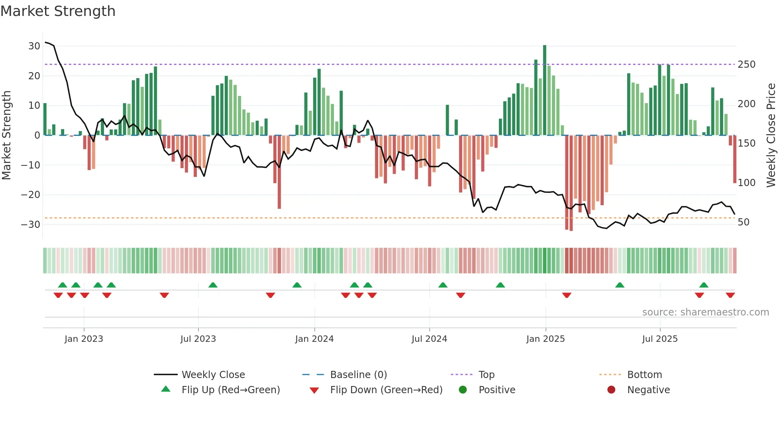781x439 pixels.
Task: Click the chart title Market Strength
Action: [58, 11]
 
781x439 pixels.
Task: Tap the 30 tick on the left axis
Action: [34, 46]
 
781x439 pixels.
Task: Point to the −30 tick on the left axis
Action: [31, 224]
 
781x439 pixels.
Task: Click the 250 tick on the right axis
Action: [746, 64]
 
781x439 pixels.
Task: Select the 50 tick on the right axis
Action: [744, 222]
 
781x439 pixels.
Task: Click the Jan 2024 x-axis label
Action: [314, 339]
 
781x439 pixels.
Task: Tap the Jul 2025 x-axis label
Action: [659, 339]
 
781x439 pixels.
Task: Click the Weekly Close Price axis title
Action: [771, 135]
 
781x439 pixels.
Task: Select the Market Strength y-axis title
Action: [6, 135]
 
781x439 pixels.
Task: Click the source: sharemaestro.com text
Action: [705, 312]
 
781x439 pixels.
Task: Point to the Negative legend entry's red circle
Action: [611, 390]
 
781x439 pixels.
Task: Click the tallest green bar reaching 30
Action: [545, 90]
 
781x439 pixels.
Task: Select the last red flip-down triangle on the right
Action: [730, 295]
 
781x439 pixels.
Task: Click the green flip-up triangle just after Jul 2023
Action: [213, 285]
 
